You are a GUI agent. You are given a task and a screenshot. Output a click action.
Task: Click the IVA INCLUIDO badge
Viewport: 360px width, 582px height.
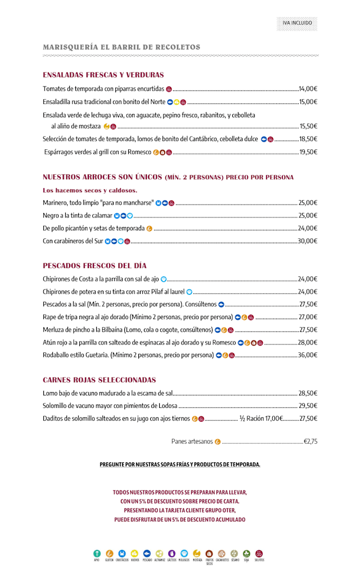tap(297, 23)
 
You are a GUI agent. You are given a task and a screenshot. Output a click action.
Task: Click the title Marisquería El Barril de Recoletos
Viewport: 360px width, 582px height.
tap(121, 47)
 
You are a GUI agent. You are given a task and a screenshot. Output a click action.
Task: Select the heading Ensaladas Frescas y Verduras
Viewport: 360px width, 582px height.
tap(103, 75)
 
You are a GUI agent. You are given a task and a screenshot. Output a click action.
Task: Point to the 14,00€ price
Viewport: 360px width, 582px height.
tap(308, 89)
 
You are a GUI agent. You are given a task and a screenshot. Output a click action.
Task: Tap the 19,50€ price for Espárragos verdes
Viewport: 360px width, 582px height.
tap(308, 152)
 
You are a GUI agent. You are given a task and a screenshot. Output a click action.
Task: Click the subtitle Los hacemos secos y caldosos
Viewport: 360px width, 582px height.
tap(90, 190)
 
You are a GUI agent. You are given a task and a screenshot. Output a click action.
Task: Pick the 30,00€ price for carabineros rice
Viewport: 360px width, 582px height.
tap(308, 241)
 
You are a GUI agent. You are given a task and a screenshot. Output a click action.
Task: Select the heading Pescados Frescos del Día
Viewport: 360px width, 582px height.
tap(94, 265)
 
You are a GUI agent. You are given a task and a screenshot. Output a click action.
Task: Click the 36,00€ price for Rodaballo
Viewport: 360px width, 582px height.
tap(308, 355)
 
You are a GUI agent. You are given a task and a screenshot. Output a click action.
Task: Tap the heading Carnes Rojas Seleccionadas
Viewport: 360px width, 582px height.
tap(100, 380)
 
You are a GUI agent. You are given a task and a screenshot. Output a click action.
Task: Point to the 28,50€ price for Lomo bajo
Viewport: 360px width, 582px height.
tap(308, 393)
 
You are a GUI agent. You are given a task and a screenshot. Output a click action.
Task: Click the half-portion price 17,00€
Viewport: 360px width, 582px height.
tap(271, 419)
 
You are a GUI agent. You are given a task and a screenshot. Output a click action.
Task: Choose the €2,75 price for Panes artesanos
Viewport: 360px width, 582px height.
tap(310, 442)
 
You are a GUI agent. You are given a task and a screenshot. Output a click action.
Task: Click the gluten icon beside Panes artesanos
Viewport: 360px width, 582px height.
tap(218, 442)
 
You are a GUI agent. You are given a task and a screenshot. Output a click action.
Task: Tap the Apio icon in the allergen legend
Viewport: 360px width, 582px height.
tap(97, 553)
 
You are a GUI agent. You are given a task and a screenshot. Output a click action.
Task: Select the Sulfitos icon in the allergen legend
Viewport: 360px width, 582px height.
tap(259, 553)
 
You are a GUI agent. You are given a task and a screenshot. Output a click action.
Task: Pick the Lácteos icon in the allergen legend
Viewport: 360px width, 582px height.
tap(172, 553)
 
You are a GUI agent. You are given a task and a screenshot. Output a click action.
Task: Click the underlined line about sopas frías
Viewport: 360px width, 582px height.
tap(180, 465)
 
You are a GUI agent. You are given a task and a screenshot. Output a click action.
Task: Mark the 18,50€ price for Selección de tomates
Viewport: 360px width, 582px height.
tap(308, 139)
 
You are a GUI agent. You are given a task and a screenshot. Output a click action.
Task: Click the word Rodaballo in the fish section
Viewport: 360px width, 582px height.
tap(57, 355)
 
